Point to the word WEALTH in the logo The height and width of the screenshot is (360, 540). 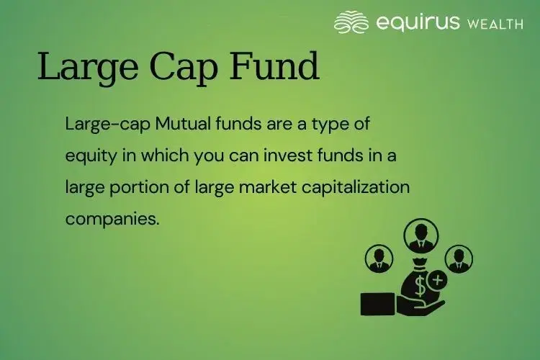coord(494,24)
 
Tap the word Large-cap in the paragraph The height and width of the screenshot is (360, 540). coord(97,124)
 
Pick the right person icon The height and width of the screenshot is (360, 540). coord(458,258)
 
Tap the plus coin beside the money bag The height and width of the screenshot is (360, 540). coord(437,279)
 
